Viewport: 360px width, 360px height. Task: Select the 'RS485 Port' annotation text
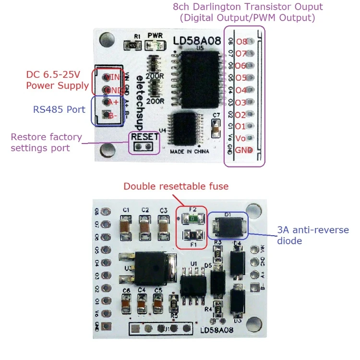(x=60, y=109)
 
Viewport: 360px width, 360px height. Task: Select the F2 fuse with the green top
(x=192, y=218)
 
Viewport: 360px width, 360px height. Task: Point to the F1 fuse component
(x=192, y=235)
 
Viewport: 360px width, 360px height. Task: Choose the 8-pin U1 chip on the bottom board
(x=194, y=284)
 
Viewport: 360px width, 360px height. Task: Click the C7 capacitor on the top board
(x=216, y=128)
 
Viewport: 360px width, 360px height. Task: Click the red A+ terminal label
(x=113, y=102)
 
